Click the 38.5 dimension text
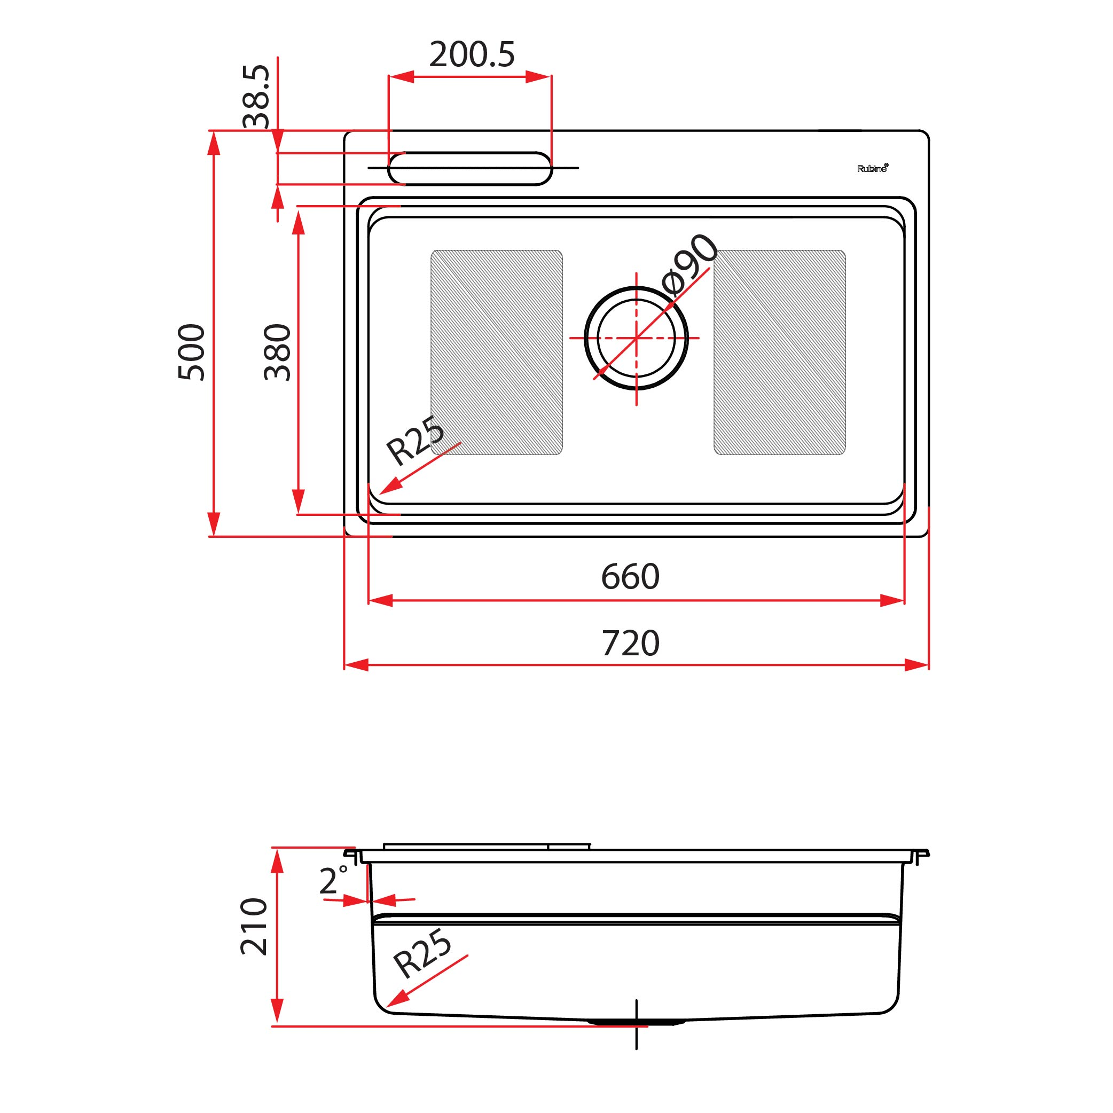coord(255,96)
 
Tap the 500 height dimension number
coord(191,352)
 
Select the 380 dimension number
coord(277,352)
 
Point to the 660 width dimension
coord(630,577)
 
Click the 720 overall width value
coord(630,644)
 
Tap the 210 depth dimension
coord(254,927)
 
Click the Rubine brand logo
coord(872,168)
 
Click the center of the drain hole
coord(636,338)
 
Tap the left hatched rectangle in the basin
coord(497,352)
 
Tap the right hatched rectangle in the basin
coord(779,352)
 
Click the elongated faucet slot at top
coord(470,168)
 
